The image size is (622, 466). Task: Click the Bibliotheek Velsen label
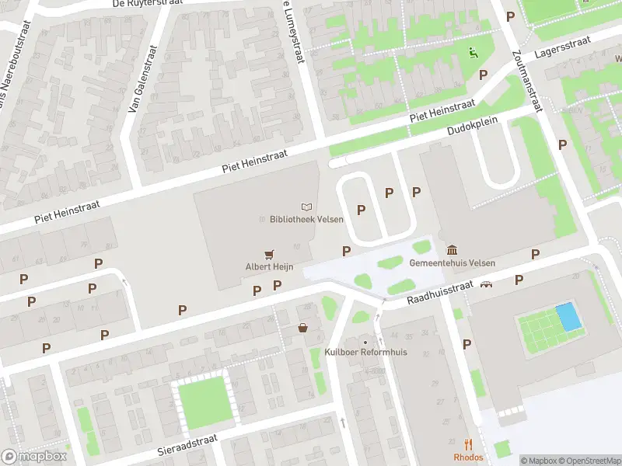(306, 220)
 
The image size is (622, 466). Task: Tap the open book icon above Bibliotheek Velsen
(306, 207)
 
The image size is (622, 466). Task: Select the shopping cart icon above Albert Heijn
(269, 253)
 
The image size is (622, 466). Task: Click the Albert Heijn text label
(269, 266)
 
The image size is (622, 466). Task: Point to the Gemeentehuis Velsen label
(453, 263)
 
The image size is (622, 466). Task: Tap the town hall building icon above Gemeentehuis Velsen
(453, 249)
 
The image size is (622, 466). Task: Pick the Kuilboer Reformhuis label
(365, 353)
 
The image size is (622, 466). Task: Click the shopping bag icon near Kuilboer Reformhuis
(302, 329)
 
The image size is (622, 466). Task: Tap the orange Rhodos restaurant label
(468, 457)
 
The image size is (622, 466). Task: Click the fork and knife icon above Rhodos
(468, 444)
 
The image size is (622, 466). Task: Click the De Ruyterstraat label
(148, 4)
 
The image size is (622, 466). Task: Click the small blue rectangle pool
(568, 316)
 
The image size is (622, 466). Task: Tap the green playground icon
(472, 53)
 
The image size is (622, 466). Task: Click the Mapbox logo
(33, 457)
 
